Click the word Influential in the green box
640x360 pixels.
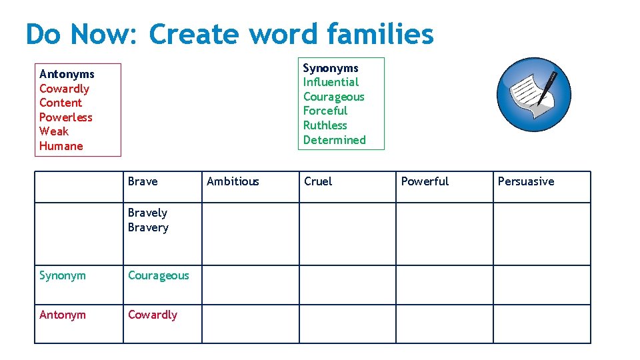click(x=331, y=82)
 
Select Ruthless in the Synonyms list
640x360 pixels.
click(x=325, y=125)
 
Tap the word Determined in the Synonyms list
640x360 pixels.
click(x=334, y=140)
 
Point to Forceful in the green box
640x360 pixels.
click(x=325, y=111)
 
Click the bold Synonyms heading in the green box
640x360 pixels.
click(x=331, y=68)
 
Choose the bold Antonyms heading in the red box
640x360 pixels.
click(x=67, y=74)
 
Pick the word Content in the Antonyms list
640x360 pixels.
click(x=61, y=103)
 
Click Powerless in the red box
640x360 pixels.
click(x=66, y=117)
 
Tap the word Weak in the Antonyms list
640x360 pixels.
click(x=54, y=131)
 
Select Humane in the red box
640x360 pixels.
click(x=61, y=146)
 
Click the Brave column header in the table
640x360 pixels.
click(x=143, y=181)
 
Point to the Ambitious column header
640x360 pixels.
click(x=233, y=181)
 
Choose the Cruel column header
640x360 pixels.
click(x=318, y=181)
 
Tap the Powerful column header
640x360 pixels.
click(x=425, y=181)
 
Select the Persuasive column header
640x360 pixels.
click(x=525, y=181)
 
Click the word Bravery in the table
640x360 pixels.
click(x=148, y=228)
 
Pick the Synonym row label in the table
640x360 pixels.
click(x=63, y=275)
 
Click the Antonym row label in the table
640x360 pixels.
click(x=63, y=315)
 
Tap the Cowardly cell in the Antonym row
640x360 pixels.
click(x=153, y=315)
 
